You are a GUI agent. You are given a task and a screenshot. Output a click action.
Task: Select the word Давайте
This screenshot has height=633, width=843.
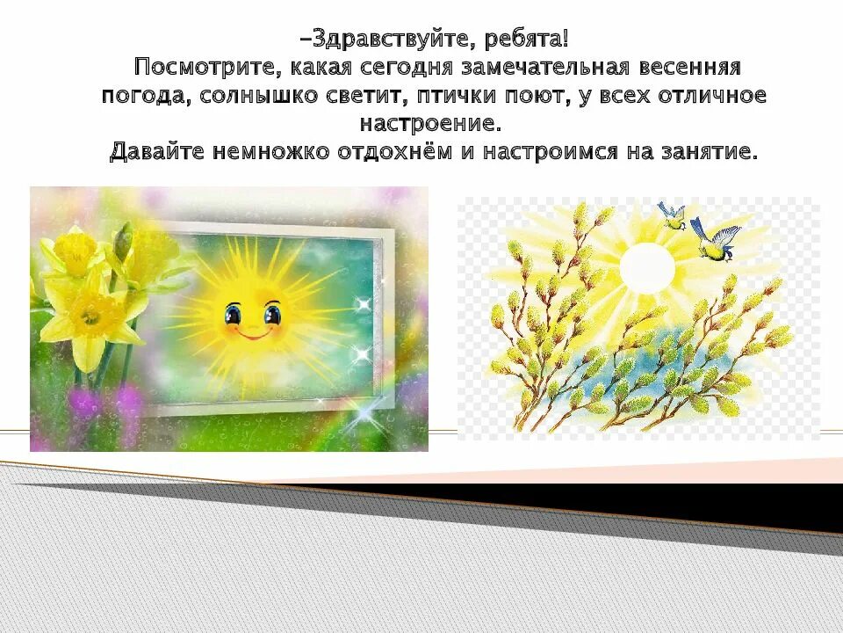point(157,152)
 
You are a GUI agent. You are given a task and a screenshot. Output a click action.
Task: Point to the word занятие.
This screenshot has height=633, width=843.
point(710,152)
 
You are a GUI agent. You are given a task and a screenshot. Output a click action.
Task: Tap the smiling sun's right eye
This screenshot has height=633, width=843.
point(273,312)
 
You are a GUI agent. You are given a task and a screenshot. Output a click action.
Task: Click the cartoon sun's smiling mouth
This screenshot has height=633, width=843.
point(252,334)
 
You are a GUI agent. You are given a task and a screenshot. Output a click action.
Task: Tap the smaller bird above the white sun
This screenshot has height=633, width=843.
point(672,215)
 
